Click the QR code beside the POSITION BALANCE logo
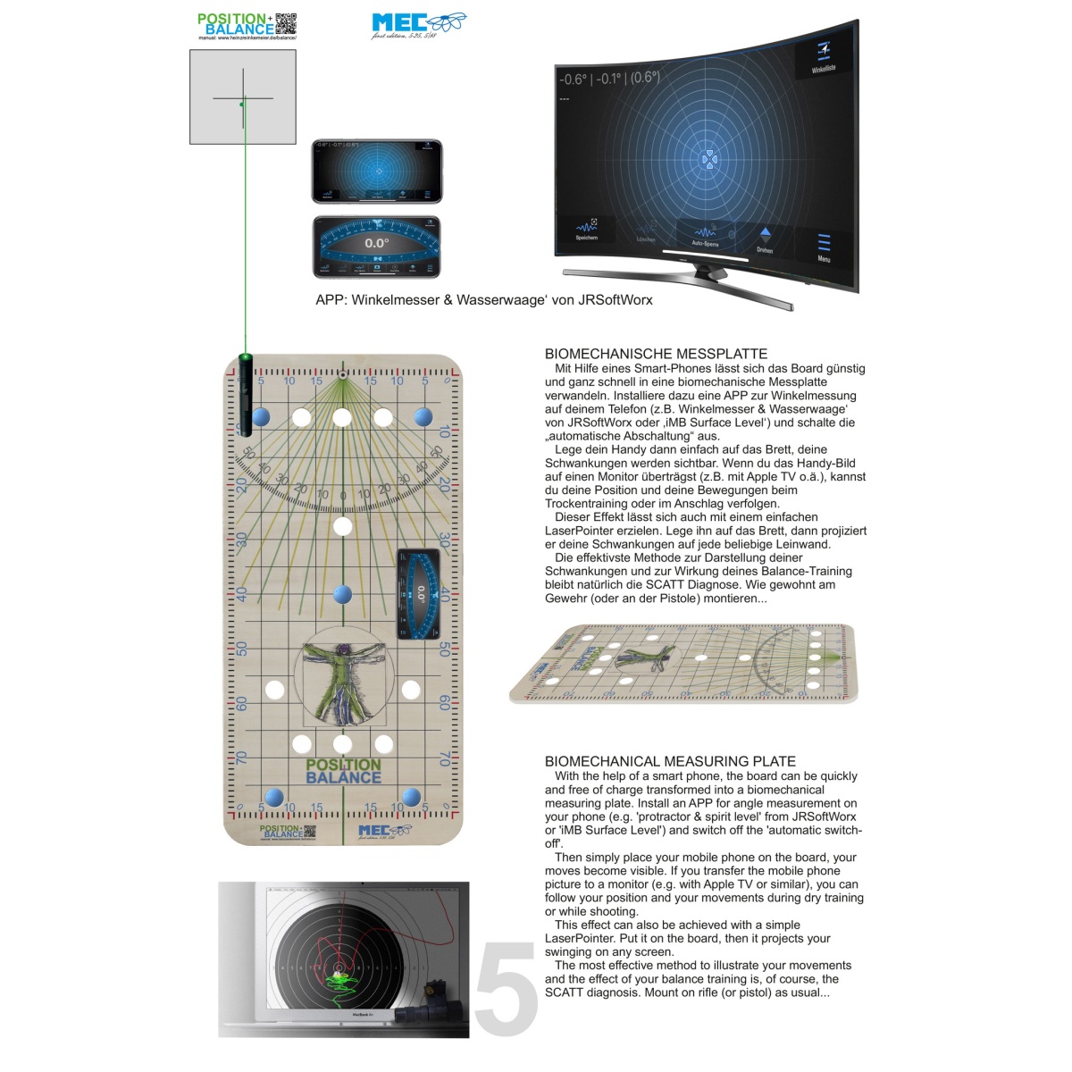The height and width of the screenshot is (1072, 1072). point(286,23)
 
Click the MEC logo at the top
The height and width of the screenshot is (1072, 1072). point(418,24)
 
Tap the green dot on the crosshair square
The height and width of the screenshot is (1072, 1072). point(241,105)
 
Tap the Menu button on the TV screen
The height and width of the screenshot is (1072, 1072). point(824,247)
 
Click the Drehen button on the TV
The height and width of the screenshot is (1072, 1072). point(765,239)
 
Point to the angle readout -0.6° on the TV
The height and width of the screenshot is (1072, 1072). point(574,80)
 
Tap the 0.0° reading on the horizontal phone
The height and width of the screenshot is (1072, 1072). point(377,243)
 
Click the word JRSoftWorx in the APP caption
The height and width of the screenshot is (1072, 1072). point(615,300)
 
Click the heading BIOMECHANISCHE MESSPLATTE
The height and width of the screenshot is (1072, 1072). point(656,354)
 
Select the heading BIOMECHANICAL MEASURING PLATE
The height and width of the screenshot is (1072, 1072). point(670,761)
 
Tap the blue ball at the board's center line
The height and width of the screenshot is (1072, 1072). point(342,594)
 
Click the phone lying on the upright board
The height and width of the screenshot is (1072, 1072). point(419,594)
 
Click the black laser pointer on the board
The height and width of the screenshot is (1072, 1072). point(245,393)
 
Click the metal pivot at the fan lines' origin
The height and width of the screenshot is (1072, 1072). point(342,373)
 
